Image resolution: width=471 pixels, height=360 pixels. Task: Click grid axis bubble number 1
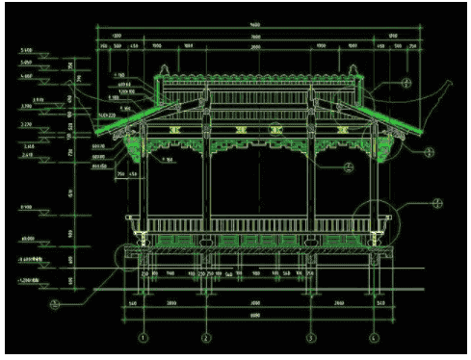click(x=144, y=338)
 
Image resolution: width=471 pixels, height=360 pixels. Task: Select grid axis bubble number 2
click(x=206, y=338)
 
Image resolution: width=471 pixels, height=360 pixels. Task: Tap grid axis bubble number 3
click(x=310, y=338)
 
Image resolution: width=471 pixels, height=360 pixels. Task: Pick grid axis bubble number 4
click(x=374, y=338)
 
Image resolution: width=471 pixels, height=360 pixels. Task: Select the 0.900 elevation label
click(x=26, y=207)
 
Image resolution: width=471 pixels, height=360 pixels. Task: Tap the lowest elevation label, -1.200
click(x=26, y=280)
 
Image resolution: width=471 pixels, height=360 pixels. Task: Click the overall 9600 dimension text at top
click(x=252, y=24)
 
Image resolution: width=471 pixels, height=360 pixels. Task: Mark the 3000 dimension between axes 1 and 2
click(x=174, y=301)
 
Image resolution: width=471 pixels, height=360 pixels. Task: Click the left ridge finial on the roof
click(x=163, y=69)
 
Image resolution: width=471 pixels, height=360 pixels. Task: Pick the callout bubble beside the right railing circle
click(x=436, y=203)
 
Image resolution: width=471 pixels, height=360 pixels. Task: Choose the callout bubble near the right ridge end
click(x=407, y=84)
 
